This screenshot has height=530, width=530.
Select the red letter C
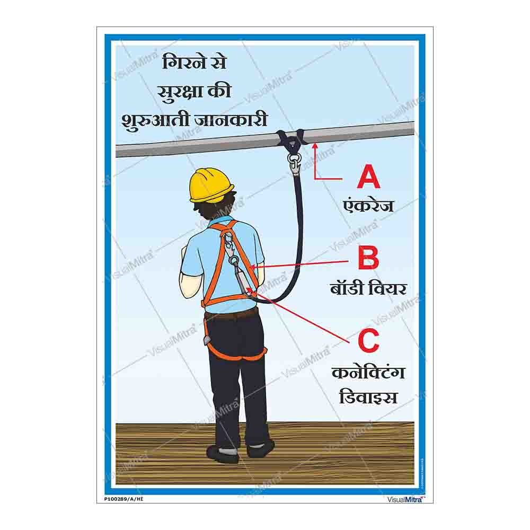coord(368,340)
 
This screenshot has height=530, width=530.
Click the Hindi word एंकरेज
coord(368,205)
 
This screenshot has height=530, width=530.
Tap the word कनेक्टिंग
coord(368,373)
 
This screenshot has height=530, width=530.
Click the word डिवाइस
coord(368,396)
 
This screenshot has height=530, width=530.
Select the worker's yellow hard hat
coord(211,184)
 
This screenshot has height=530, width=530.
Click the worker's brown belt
coord(232,315)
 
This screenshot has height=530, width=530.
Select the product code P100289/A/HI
coord(124,499)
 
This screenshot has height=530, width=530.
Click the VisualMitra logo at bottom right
coord(407,499)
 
